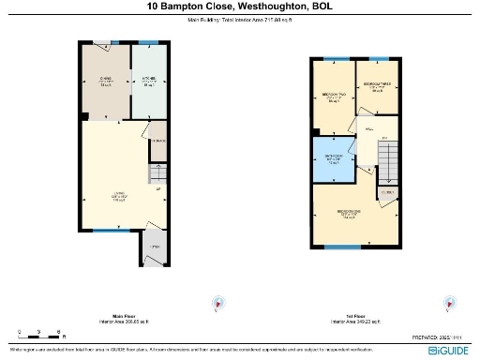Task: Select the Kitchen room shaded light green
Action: (x=148, y=82)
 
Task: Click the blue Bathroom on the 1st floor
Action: (x=334, y=157)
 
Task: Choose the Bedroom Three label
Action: (x=378, y=88)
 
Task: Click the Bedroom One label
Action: (x=349, y=214)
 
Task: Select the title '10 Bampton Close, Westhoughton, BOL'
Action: (x=240, y=7)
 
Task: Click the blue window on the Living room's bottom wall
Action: (x=106, y=231)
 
